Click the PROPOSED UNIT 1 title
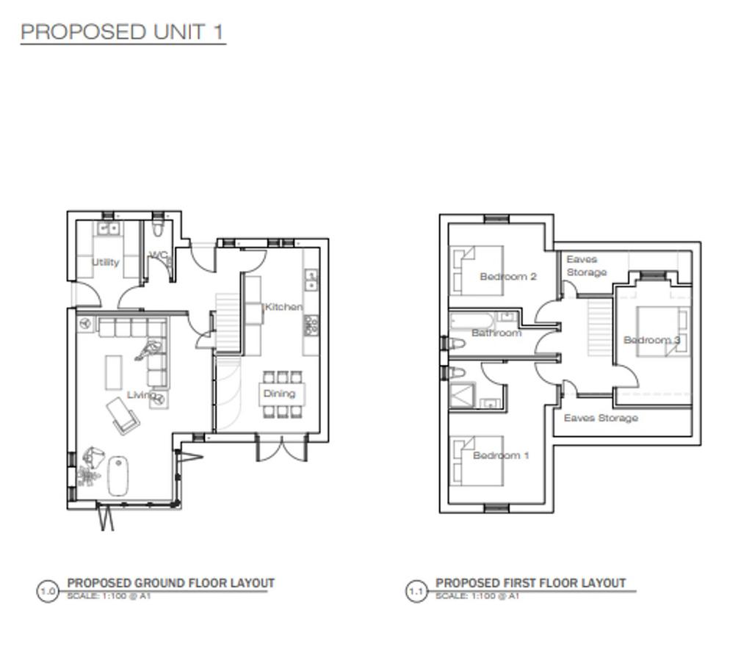[123, 32]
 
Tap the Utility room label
[105, 262]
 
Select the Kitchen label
[283, 307]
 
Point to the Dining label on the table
[279, 394]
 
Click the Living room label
[141, 395]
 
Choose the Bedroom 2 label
[508, 277]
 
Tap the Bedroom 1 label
[501, 455]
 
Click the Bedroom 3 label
[651, 340]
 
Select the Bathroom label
[496, 333]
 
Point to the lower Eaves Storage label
[601, 418]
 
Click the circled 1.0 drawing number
[48, 591]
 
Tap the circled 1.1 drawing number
[416, 591]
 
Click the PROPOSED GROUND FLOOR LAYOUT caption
[170, 583]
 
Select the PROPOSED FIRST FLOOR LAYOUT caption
[530, 583]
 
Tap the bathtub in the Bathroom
[471, 321]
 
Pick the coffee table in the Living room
[114, 372]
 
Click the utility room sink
[109, 228]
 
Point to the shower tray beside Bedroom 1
[463, 395]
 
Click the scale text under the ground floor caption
[109, 596]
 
